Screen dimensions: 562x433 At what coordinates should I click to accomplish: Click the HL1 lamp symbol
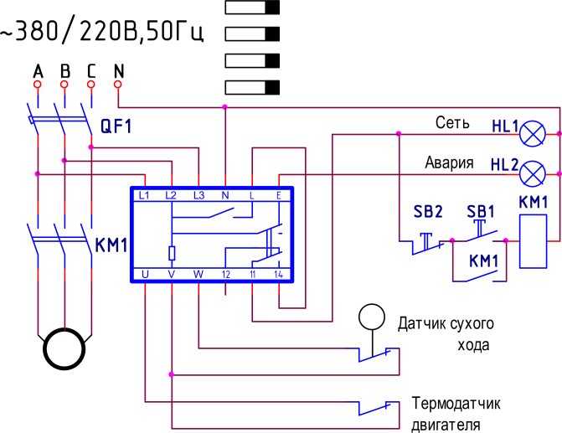tap(533, 133)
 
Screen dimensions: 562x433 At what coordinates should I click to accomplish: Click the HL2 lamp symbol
tap(533, 173)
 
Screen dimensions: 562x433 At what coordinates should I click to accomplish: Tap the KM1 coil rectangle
tap(534, 241)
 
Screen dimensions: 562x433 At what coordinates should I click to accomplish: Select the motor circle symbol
tap(64, 348)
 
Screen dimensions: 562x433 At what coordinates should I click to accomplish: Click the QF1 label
tap(116, 126)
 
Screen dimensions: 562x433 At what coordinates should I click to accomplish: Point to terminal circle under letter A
tap(38, 85)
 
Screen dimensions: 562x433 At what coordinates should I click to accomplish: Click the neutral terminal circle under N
tap(118, 85)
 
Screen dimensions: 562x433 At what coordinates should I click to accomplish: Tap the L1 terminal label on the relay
tap(144, 195)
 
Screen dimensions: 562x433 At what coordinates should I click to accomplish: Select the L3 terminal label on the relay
tap(199, 195)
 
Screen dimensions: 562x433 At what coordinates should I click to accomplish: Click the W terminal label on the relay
tap(199, 274)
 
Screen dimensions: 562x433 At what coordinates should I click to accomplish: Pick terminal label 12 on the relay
tap(225, 275)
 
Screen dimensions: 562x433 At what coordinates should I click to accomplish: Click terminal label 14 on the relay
tap(279, 275)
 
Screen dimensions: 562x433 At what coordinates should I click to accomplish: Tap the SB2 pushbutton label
tap(428, 212)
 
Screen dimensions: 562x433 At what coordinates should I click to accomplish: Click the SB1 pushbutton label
tap(481, 212)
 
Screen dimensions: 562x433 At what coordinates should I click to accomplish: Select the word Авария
tap(449, 162)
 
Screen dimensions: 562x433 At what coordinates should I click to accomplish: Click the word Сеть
tap(452, 122)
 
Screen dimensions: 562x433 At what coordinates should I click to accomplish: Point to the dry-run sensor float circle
tap(372, 317)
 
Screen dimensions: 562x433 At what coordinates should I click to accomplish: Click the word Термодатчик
tap(456, 403)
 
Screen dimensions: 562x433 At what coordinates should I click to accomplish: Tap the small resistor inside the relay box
tap(172, 253)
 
